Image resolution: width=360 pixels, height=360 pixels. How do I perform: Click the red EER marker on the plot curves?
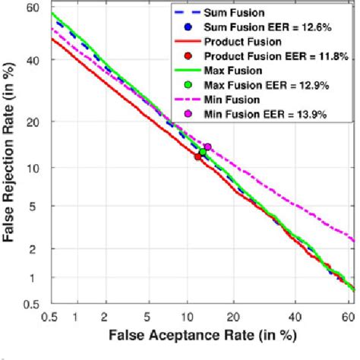coord(198,156)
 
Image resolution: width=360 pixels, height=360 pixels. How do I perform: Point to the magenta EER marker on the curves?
coord(207,147)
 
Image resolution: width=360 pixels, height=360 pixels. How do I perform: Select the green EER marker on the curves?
coord(203,152)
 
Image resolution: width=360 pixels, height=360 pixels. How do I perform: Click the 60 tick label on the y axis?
coord(32,8)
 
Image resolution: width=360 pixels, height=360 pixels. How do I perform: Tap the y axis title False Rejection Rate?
coord(11,156)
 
